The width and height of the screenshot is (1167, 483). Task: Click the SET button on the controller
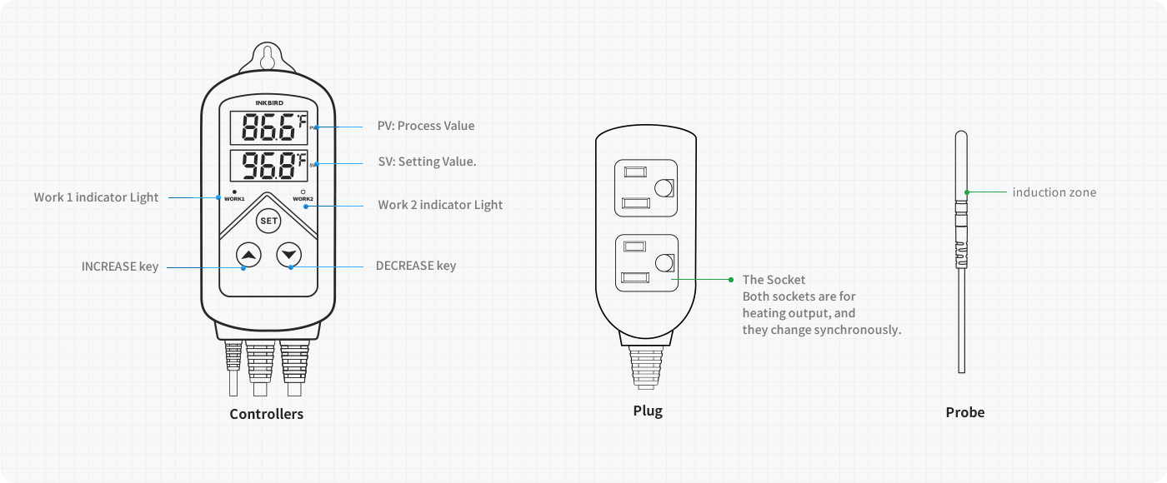point(268,221)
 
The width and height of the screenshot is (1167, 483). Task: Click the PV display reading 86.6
point(268,129)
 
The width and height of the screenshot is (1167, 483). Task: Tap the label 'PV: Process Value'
point(426,126)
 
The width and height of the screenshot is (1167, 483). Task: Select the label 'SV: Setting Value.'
point(427,162)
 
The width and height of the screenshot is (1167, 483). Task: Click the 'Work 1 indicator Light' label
point(96,197)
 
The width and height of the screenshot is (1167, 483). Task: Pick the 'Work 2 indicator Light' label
point(440,205)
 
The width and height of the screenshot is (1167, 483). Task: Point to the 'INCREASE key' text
point(119,266)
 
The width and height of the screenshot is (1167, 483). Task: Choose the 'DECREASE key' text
point(416,266)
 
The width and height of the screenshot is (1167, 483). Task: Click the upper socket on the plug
point(646,188)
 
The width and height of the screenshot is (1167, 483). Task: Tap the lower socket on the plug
point(646,263)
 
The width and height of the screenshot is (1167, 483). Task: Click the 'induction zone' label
point(1054,192)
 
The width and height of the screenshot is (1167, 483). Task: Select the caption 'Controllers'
point(267,414)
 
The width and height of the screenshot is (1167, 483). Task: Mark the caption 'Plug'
point(648,411)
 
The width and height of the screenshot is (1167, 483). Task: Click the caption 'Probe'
point(964,412)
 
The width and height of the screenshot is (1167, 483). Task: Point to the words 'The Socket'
point(774,280)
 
